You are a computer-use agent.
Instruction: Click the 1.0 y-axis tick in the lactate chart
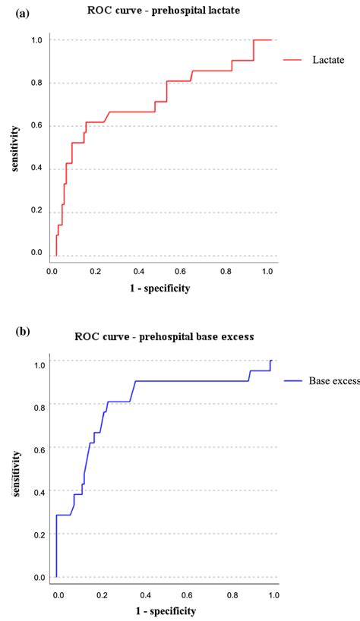pyautogui.click(x=37, y=39)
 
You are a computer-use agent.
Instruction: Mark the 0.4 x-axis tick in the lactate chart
pyautogui.click(x=137, y=271)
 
